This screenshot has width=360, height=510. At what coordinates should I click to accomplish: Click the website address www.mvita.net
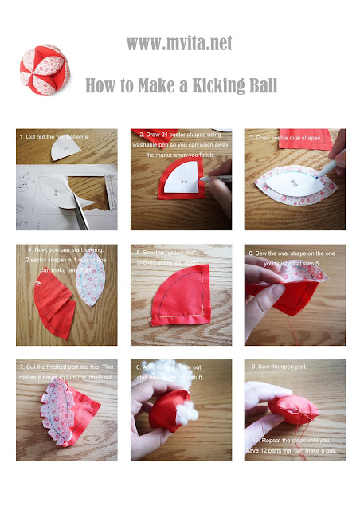coord(179,44)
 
